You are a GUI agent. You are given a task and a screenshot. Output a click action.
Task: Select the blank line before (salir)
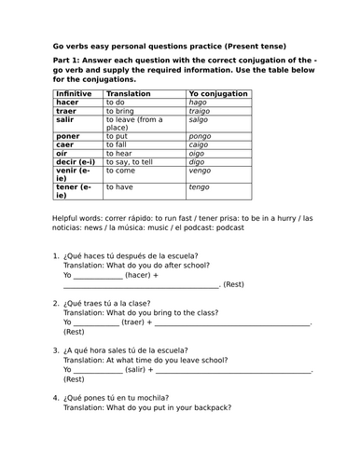tap(97, 370)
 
